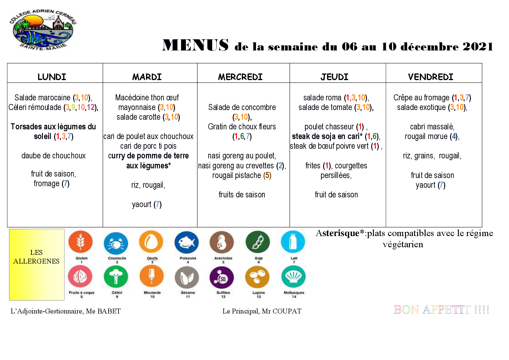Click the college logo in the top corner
(43, 30)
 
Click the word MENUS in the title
(195, 45)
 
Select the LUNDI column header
(52, 77)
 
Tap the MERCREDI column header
(240, 77)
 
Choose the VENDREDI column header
(430, 77)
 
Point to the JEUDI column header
(334, 77)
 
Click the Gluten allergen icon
(80, 242)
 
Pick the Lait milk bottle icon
(293, 242)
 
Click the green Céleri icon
(116, 277)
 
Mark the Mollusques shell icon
(293, 277)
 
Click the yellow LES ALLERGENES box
(37, 264)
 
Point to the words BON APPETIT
(432, 310)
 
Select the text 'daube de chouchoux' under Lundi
(53, 156)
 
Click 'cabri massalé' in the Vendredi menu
(432, 127)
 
